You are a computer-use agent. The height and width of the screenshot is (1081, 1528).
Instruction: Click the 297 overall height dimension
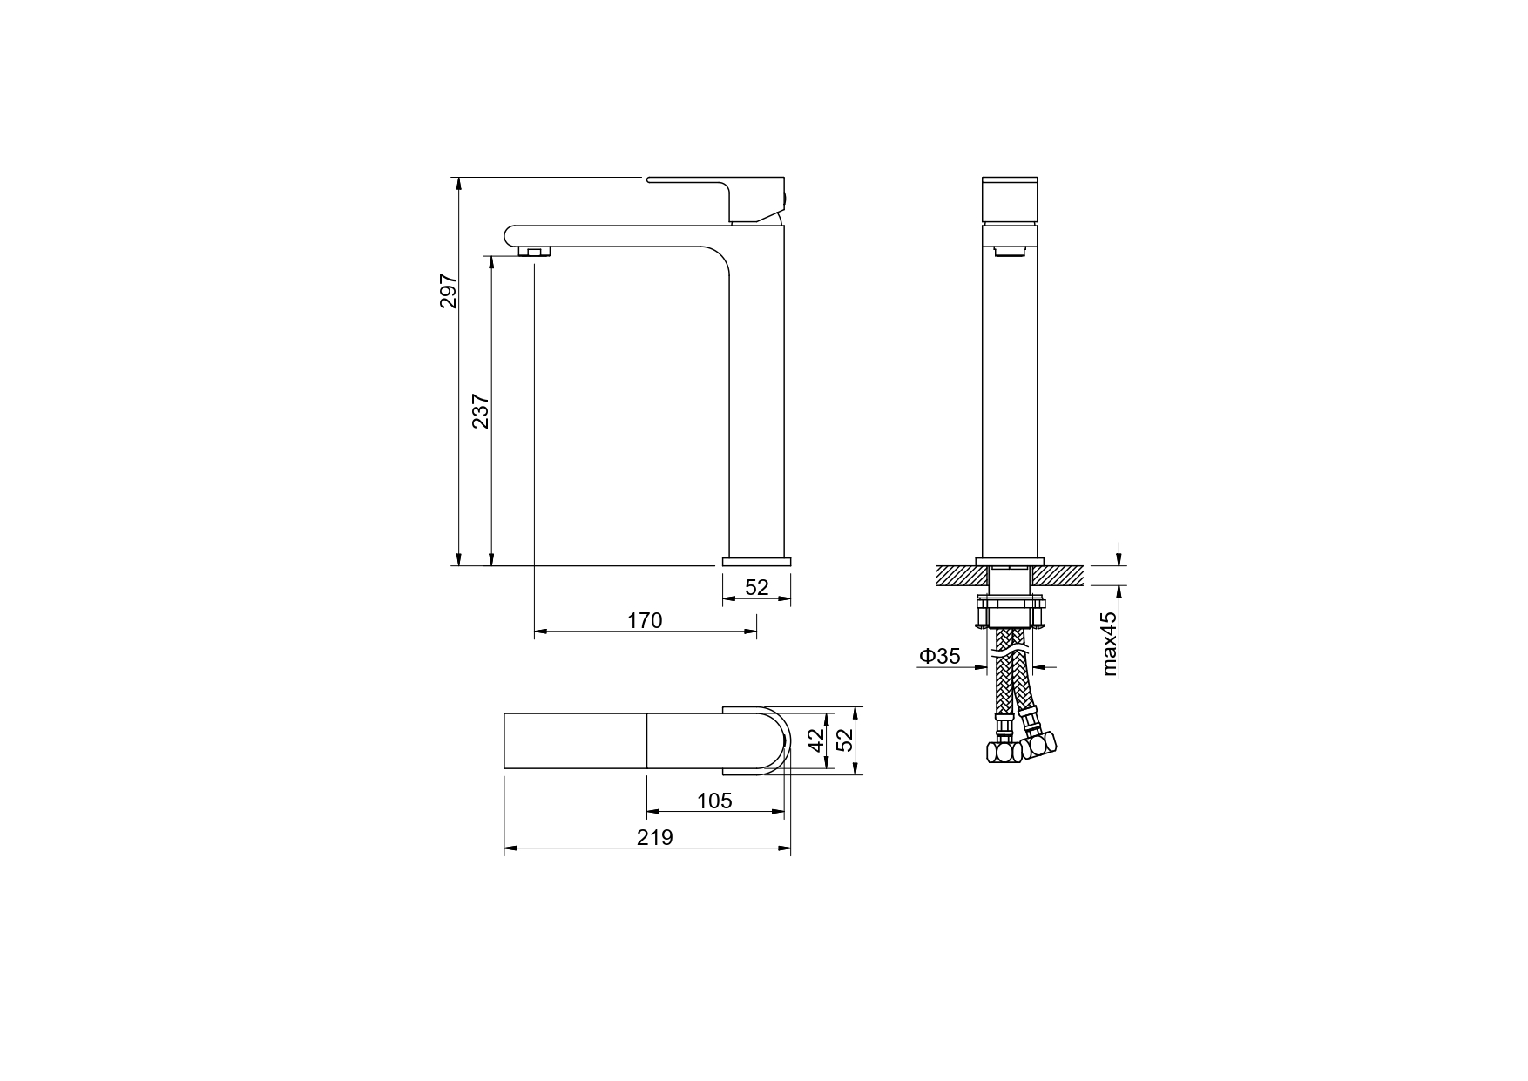448,291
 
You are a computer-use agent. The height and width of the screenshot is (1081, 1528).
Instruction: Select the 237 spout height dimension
481,411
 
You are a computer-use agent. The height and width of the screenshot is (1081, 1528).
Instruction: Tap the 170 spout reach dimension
645,620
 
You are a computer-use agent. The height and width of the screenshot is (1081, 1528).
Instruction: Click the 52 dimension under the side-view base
757,587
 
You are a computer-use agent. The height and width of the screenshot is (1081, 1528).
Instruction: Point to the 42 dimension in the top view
816,740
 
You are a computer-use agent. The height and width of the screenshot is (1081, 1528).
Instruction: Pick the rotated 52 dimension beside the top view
843,740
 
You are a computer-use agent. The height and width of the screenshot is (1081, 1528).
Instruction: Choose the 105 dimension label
714,800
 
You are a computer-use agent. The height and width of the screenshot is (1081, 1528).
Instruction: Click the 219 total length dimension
654,837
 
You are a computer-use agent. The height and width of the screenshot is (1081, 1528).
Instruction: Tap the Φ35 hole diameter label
939,656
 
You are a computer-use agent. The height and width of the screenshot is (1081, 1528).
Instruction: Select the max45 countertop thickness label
1108,643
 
